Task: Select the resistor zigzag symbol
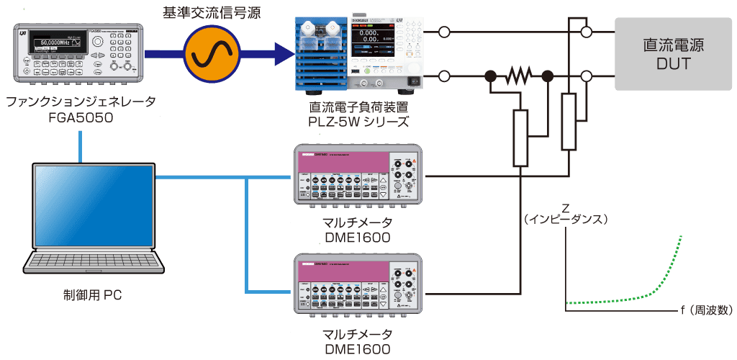(x=519, y=76)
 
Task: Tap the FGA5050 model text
(x=81, y=118)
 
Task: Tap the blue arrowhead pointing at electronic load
(x=284, y=53)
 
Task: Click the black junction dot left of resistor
(x=490, y=76)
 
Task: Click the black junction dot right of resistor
(x=547, y=76)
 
